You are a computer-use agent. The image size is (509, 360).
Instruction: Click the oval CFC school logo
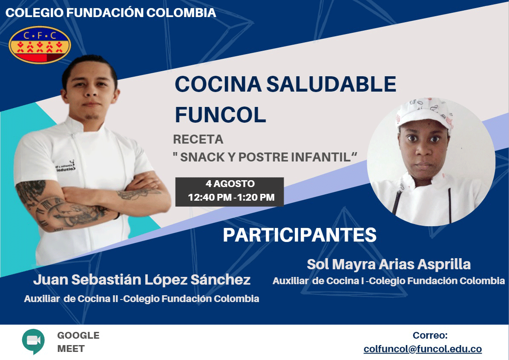click(40, 45)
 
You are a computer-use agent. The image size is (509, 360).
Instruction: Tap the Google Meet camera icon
click(33, 341)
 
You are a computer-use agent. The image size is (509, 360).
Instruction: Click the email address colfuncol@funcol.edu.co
click(423, 349)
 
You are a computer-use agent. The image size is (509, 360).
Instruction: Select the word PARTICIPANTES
click(299, 235)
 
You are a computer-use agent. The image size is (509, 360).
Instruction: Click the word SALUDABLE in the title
click(331, 84)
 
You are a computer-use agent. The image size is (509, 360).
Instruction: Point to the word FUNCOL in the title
click(220, 115)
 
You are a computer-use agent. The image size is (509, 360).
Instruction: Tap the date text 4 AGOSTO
click(230, 184)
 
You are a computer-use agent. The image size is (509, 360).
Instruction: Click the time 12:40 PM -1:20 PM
click(231, 197)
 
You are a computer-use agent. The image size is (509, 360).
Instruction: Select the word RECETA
click(198, 139)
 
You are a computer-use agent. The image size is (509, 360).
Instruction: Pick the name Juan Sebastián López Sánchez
click(142, 280)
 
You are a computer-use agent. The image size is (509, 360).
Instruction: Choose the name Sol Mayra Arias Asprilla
click(388, 264)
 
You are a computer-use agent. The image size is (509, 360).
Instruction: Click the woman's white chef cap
click(425, 114)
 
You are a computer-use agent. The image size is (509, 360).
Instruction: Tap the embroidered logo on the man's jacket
click(66, 166)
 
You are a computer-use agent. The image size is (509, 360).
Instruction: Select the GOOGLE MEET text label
click(78, 342)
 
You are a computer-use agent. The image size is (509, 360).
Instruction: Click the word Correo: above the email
click(430, 335)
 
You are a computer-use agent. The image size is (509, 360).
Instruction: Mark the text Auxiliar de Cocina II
click(71, 299)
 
